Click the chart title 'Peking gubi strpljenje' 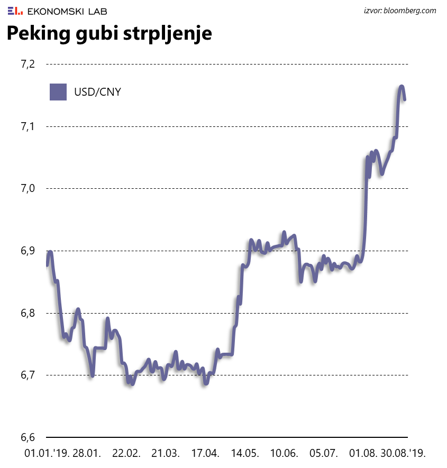point(109,34)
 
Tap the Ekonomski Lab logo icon point(15,11)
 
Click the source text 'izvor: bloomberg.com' point(400,11)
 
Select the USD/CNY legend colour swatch point(58,92)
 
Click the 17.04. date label point(204,453)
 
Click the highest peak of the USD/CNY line point(402,86)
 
